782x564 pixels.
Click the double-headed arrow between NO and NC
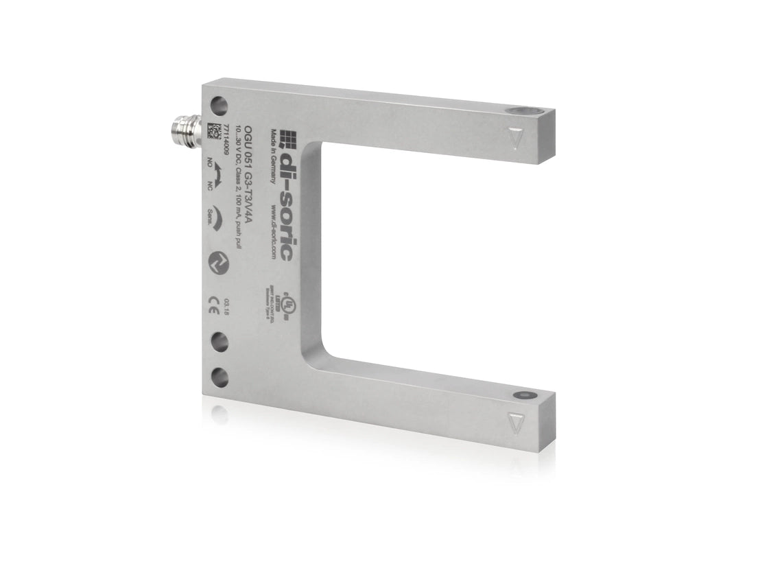point(217,179)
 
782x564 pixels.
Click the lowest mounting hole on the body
point(220,376)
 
